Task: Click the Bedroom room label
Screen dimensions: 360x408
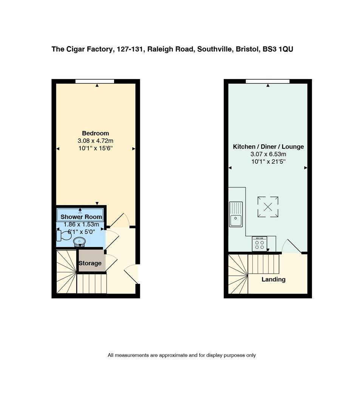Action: coord(96,133)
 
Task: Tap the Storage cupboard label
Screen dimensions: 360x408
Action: coord(90,263)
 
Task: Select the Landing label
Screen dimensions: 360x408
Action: coord(273,280)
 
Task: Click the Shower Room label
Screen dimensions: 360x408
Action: coord(81,217)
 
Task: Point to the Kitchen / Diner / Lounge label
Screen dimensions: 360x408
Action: coord(268,147)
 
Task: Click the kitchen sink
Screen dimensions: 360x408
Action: coord(236,215)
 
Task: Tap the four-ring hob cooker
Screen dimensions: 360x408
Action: coord(260,244)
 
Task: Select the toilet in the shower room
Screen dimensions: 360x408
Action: coord(64,235)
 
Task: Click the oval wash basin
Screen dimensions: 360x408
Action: coord(79,242)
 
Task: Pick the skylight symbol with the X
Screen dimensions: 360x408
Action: coord(268,207)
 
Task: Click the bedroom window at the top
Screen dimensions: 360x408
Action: coord(95,81)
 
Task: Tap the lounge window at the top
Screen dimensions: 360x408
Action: coord(268,81)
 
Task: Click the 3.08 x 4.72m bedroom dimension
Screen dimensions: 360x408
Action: coord(96,141)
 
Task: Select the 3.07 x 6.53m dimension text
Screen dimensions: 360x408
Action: coord(268,154)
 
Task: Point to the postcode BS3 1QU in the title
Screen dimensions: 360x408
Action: coord(278,49)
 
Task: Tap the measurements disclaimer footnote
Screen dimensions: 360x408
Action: coord(182,355)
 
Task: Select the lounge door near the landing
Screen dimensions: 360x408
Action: coord(292,246)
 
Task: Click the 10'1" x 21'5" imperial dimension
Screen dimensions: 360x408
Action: coord(268,162)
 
